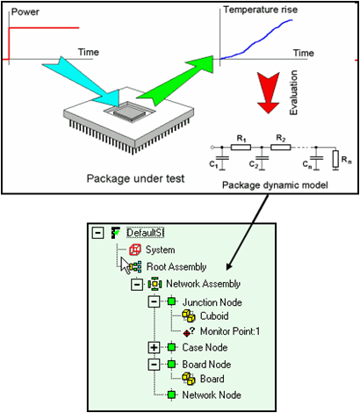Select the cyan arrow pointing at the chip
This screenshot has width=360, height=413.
coord(85,82)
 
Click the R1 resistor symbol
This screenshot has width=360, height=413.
coord(241,147)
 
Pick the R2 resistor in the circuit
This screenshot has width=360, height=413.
coord(281,147)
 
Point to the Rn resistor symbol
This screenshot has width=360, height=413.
coord(335,159)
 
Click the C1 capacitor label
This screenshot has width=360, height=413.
coord(213,164)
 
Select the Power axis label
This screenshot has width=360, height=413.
coord(25,12)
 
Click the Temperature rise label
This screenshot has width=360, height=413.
coord(261,10)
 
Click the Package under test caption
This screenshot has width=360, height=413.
coord(135,178)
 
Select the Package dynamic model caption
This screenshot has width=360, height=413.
coord(275,185)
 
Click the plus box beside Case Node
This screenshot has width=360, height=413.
coord(154,348)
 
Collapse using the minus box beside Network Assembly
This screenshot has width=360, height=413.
coord(137,284)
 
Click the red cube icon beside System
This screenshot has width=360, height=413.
coord(135,250)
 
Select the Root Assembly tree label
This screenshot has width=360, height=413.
coord(176,267)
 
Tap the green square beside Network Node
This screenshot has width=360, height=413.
coord(172,395)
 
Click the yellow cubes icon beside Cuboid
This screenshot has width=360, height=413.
coord(189,316)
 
